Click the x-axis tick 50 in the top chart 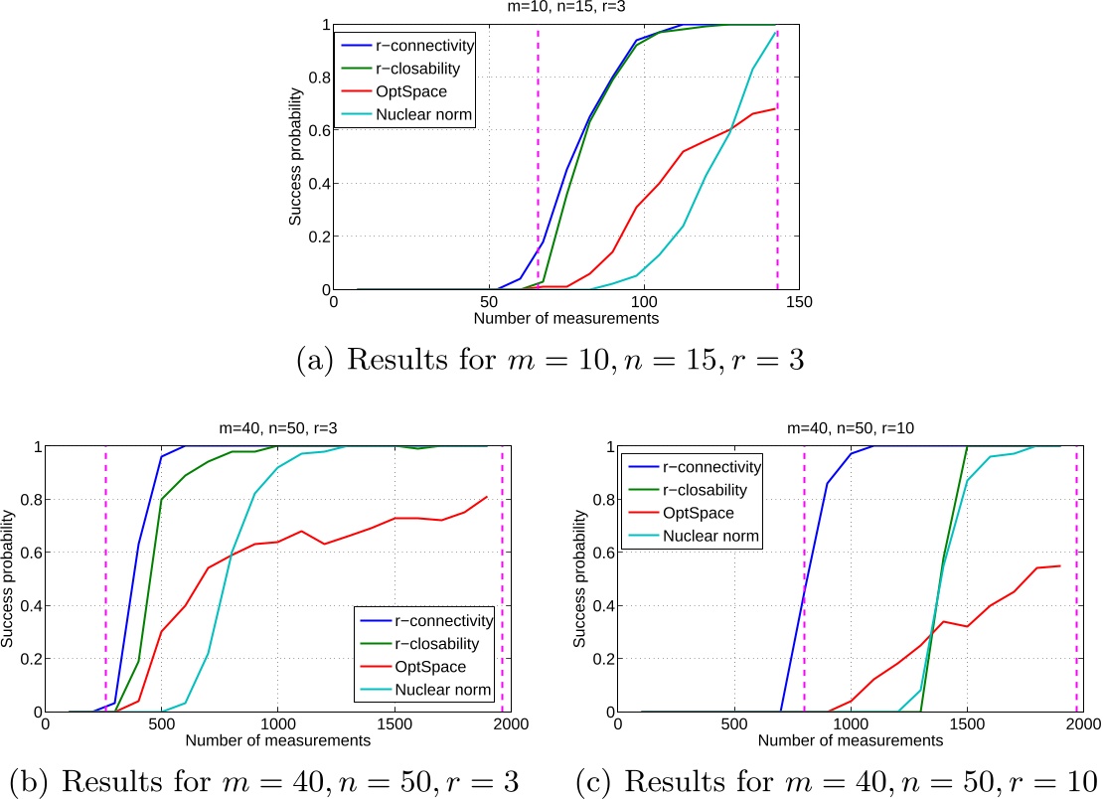488,301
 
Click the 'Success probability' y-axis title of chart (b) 9,578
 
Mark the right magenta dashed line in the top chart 777,159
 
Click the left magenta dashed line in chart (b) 105,578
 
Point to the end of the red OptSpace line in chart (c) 1060,565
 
